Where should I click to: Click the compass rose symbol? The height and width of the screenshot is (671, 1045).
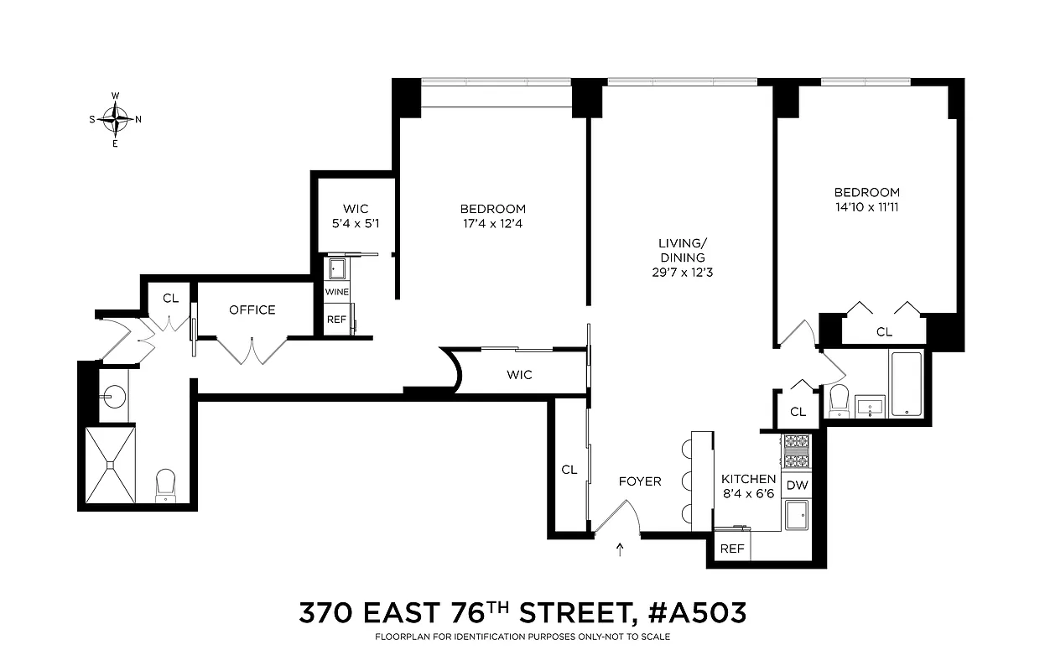pyautogui.click(x=115, y=119)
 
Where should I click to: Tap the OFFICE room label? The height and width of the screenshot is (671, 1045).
pyautogui.click(x=252, y=309)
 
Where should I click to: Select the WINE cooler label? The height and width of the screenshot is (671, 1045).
pyautogui.click(x=337, y=291)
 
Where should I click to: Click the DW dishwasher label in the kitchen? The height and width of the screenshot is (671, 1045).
pyautogui.click(x=796, y=484)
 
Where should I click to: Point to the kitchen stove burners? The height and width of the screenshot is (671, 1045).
pyautogui.click(x=796, y=452)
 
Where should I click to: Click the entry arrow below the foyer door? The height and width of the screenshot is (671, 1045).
pyautogui.click(x=620, y=550)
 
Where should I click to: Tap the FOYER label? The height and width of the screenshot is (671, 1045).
pyautogui.click(x=640, y=481)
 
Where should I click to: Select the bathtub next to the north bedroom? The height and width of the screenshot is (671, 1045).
pyautogui.click(x=907, y=384)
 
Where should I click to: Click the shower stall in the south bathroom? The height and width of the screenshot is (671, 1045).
pyautogui.click(x=110, y=465)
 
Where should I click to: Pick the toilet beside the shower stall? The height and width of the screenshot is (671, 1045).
pyautogui.click(x=165, y=484)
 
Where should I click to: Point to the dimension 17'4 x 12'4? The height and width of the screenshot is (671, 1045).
pyautogui.click(x=492, y=223)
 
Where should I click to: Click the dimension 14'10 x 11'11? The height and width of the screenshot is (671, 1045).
pyautogui.click(x=867, y=206)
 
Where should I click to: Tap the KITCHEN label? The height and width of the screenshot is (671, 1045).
pyautogui.click(x=748, y=479)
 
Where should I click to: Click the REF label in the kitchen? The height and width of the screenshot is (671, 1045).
pyautogui.click(x=732, y=549)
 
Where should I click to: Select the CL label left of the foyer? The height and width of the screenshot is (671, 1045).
pyautogui.click(x=569, y=470)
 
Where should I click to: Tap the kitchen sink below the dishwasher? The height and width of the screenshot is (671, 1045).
pyautogui.click(x=796, y=513)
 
